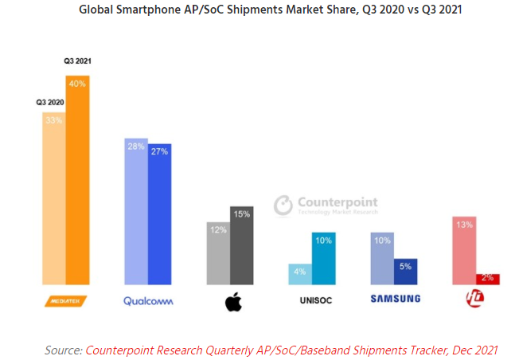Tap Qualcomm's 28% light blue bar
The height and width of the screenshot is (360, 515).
[135, 211]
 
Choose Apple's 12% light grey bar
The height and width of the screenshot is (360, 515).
[217, 252]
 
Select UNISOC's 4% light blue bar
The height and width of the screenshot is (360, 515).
[299, 274]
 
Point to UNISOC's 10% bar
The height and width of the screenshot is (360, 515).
[323, 258]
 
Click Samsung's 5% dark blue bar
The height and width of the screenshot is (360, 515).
[405, 272]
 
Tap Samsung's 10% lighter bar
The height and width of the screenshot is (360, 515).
[381, 258]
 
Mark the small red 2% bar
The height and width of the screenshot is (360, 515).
[487, 279]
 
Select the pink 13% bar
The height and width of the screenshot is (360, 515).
[463, 250]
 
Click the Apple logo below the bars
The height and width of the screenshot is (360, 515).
[232, 302]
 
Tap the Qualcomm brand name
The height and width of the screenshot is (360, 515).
[148, 301]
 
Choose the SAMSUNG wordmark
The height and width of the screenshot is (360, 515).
[394, 300]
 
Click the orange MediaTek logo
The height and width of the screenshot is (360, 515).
[65, 301]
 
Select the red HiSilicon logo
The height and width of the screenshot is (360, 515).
[474, 300]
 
